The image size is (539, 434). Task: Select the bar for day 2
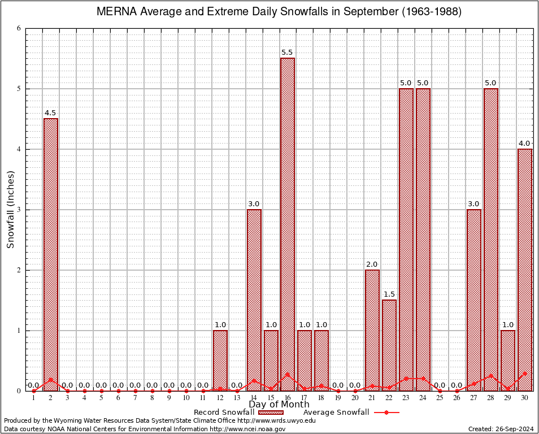click(51, 254)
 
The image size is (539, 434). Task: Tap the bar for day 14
click(254, 300)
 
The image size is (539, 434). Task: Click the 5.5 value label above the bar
click(288, 53)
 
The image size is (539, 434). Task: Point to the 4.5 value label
click(51, 113)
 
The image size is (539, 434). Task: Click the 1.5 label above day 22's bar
click(389, 294)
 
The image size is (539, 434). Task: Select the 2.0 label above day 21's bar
click(372, 264)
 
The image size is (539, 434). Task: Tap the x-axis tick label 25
click(440, 398)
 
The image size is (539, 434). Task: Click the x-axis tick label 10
click(186, 398)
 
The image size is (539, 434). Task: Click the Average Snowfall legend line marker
click(386, 412)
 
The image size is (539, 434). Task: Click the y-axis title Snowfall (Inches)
click(11, 210)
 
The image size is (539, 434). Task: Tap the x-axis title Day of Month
click(279, 405)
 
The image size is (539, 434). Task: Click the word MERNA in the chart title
click(115, 12)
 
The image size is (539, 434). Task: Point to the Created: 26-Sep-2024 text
click(501, 429)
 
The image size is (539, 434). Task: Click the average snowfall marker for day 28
click(491, 375)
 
